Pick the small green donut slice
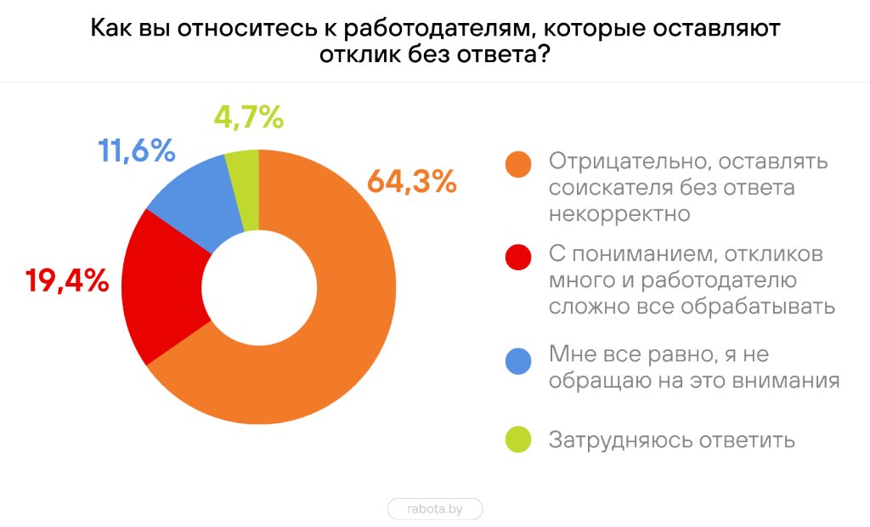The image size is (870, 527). [x=244, y=189]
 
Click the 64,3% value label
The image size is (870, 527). [x=411, y=182]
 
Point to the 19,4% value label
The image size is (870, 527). [x=67, y=280]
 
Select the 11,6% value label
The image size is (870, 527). [x=137, y=151]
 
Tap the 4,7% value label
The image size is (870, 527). [x=248, y=117]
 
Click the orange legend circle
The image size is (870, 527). [x=517, y=165]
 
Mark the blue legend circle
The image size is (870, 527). [x=517, y=360]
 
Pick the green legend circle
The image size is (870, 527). [x=517, y=440]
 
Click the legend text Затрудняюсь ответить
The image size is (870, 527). [x=671, y=440]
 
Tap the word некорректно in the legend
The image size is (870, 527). [x=619, y=213]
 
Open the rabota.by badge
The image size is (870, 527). [x=435, y=509]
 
